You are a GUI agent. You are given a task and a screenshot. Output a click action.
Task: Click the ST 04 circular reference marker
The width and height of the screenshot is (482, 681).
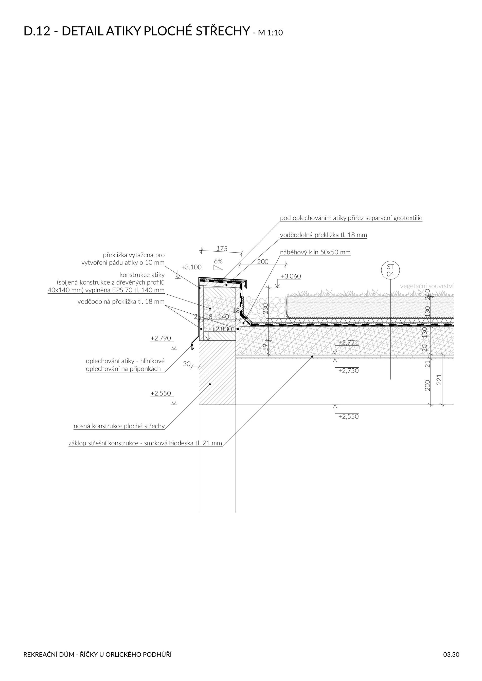(390, 270)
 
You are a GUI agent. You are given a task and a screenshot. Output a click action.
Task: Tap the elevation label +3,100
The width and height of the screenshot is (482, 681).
(191, 267)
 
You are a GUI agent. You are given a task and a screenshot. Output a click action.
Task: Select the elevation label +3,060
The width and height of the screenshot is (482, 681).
(291, 276)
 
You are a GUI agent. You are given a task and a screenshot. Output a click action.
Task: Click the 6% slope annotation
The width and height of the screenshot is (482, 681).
(218, 261)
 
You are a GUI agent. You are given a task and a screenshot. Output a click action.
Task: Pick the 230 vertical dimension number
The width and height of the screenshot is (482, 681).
(266, 309)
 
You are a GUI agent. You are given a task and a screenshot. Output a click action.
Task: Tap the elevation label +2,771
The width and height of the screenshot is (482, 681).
(348, 343)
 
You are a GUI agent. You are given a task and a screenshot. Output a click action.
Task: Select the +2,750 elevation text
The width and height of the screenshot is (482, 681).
(348, 371)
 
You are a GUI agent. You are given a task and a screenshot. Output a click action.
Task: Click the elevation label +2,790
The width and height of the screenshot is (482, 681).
(160, 338)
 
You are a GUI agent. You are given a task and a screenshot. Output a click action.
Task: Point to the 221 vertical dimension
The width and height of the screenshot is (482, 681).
(439, 379)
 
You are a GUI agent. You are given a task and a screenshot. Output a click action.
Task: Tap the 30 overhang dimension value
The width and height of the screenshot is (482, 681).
(186, 364)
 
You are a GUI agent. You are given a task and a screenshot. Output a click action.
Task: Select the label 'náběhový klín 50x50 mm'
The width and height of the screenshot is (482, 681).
(315, 252)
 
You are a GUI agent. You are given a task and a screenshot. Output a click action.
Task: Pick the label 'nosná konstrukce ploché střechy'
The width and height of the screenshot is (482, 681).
(119, 426)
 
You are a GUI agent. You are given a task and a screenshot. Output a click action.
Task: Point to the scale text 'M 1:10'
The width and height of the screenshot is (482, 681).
(270, 33)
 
